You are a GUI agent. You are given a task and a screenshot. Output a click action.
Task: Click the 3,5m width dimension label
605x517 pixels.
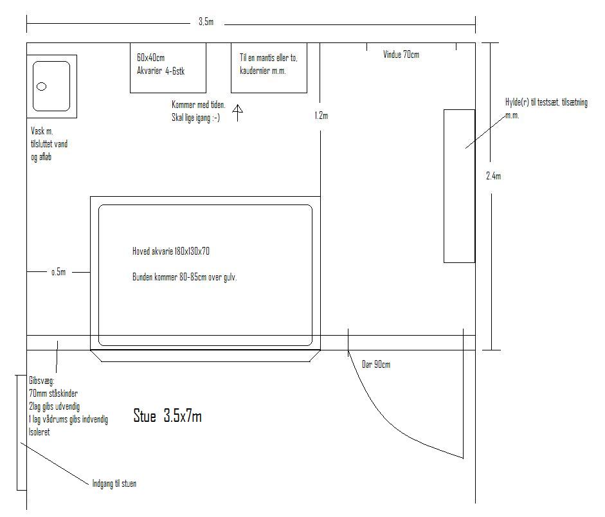[206, 22]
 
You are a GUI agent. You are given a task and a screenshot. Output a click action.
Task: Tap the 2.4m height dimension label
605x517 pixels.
[494, 176]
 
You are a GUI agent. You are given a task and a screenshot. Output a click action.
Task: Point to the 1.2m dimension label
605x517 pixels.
[321, 115]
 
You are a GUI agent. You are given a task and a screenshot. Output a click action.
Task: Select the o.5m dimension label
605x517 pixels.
[59, 272]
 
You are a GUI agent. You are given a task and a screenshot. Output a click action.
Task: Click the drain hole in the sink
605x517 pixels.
[41, 86]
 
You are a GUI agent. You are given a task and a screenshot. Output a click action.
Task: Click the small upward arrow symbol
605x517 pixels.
[238, 113]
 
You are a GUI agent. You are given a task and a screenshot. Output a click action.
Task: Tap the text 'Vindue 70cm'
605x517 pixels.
[401, 55]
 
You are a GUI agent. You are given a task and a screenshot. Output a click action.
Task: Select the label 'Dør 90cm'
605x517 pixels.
[376, 364]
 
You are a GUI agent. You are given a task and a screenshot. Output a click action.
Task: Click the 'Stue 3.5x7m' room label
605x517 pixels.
[167, 416]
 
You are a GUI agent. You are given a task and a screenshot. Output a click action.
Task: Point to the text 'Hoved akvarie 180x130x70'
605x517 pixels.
[171, 251]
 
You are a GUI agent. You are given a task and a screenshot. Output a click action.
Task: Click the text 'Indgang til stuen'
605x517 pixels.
[114, 484]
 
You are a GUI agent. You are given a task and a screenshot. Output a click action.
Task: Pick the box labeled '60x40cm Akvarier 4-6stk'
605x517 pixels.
[168, 68]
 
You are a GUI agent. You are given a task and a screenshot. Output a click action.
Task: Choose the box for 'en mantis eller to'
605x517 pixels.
[269, 68]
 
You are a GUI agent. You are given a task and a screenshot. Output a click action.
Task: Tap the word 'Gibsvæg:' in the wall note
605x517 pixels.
[42, 381]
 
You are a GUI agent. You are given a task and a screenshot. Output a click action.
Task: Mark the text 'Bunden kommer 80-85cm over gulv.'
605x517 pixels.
[185, 277]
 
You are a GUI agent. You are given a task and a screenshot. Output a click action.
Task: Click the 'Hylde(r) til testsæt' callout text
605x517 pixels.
[546, 109]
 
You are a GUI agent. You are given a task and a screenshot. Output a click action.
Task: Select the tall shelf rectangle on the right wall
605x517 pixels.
[459, 186]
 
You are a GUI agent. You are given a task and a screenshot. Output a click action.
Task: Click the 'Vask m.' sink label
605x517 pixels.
[42, 131]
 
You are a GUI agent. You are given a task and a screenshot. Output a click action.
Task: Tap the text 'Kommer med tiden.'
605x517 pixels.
[199, 105]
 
